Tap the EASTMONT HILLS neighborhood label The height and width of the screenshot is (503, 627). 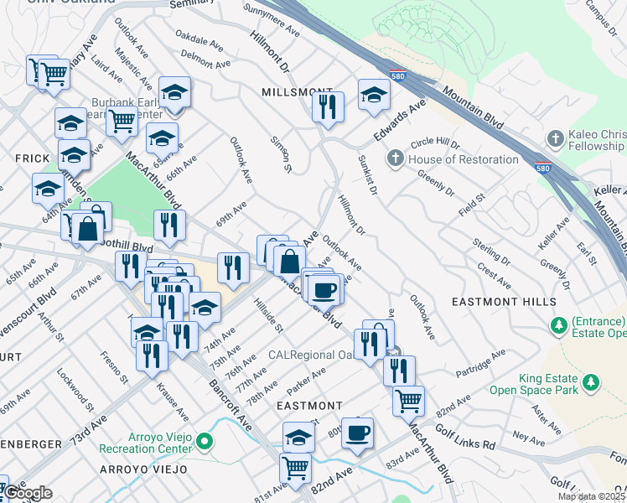coord(504,301)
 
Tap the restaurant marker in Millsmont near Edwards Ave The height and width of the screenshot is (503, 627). coord(328,106)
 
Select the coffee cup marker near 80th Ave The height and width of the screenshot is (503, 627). coord(357,432)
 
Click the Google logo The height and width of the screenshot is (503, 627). coord(28,493)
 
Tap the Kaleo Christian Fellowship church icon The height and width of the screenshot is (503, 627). coord(553,138)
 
